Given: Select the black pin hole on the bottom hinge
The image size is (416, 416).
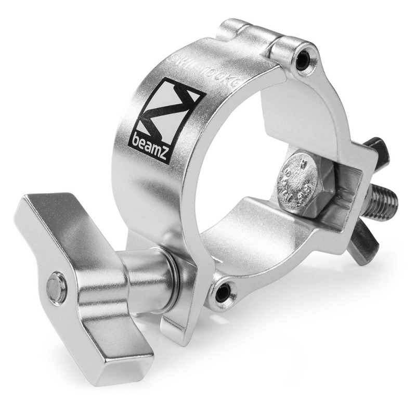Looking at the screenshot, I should [223, 293].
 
